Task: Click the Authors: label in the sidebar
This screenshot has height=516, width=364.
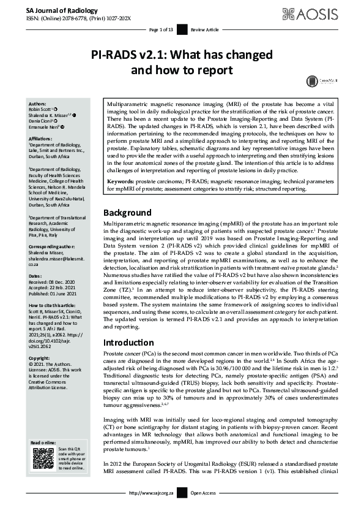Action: pos(39,104)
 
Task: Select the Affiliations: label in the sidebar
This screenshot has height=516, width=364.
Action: pos(43,140)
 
